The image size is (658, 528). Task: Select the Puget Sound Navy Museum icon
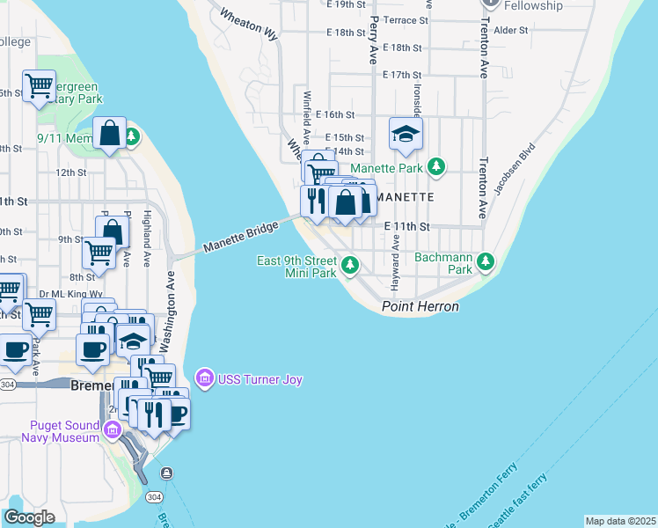click(112, 429)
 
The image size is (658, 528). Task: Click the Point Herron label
click(420, 306)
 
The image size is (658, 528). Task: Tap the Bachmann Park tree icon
click(485, 261)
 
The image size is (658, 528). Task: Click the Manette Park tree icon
click(435, 166)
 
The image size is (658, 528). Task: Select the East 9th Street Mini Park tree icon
click(350, 265)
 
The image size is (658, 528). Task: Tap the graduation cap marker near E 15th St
click(406, 134)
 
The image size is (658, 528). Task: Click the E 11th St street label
click(406, 226)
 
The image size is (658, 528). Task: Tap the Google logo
click(29, 517)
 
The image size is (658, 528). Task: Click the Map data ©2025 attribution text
click(620, 521)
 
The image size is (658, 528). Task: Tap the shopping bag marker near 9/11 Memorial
click(110, 134)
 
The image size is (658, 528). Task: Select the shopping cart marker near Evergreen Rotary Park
click(39, 86)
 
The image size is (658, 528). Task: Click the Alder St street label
click(510, 30)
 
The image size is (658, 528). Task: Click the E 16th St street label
click(340, 114)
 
